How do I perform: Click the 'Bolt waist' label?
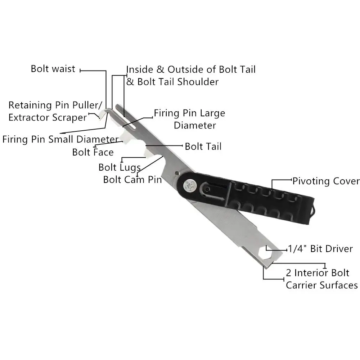coord(53,69)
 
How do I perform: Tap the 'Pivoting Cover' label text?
coord(326,181)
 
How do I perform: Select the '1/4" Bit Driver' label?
coord(320,249)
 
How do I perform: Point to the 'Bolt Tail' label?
coord(203,147)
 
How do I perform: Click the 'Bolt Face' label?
coord(93,152)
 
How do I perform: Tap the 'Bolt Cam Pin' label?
coord(132,179)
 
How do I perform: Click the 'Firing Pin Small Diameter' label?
coord(60,139)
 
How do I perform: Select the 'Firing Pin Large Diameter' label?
coord(190,119)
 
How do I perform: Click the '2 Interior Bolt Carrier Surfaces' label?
coord(321,279)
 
